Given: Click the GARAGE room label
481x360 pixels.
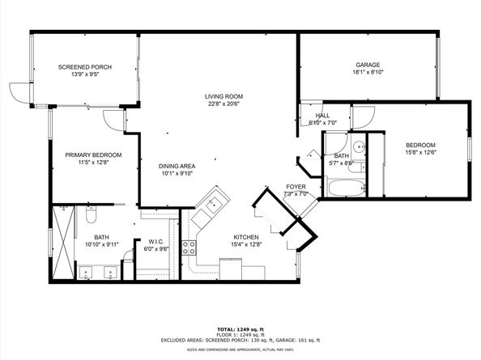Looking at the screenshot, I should pos(368,65).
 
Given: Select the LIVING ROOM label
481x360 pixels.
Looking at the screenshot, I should pos(223,96).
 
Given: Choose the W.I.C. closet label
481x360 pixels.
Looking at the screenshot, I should pos(157,241).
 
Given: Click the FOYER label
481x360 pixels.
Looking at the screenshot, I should pos(296,186).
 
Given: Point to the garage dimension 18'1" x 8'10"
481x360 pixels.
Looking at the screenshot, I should pos(368,73).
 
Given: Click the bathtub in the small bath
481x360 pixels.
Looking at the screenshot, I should pos(347,189).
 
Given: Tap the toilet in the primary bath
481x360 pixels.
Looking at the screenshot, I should pos(91,218).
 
